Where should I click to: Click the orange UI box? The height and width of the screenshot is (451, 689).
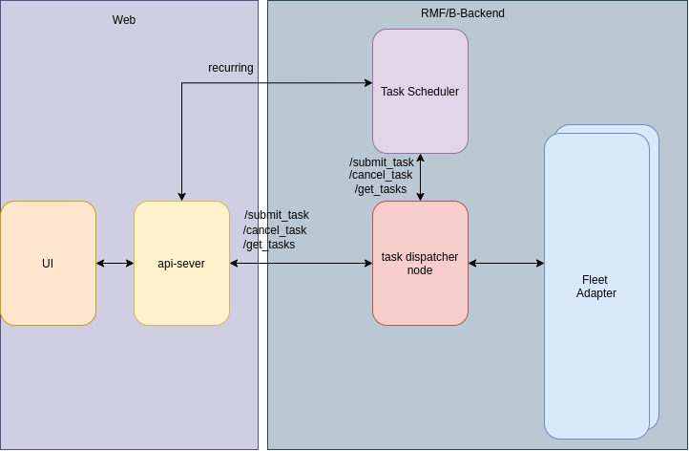click(x=48, y=263)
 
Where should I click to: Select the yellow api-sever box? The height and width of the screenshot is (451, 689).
click(x=181, y=263)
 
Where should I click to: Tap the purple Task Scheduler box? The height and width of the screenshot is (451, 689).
click(x=420, y=92)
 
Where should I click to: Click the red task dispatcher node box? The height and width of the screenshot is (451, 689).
click(x=420, y=263)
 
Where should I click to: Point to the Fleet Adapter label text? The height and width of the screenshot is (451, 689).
click(x=595, y=287)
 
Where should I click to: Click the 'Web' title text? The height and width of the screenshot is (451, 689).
click(x=124, y=20)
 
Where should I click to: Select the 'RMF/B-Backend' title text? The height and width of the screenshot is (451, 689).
click(x=463, y=13)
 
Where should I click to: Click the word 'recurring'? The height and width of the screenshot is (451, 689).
click(x=231, y=68)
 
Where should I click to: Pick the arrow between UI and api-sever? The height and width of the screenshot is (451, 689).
click(x=115, y=263)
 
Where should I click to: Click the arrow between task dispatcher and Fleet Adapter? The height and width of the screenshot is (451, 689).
click(x=506, y=263)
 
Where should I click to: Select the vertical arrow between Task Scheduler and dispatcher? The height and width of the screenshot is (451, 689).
click(x=420, y=177)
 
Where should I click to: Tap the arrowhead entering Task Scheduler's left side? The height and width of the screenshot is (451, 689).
click(x=367, y=83)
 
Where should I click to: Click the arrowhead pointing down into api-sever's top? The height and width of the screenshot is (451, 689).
click(x=181, y=196)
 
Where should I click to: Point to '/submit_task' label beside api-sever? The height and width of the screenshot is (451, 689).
click(x=277, y=215)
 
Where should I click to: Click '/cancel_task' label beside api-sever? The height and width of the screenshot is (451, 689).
click(x=275, y=230)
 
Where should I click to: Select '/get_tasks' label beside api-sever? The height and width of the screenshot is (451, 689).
click(x=269, y=245)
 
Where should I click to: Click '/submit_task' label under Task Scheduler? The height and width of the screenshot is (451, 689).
click(x=382, y=162)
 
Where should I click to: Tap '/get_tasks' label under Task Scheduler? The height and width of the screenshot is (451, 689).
click(x=381, y=189)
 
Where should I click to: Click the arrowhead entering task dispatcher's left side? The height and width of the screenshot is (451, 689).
click(x=367, y=263)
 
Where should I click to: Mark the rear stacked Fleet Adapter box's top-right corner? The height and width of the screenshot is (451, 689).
click(x=656, y=128)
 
